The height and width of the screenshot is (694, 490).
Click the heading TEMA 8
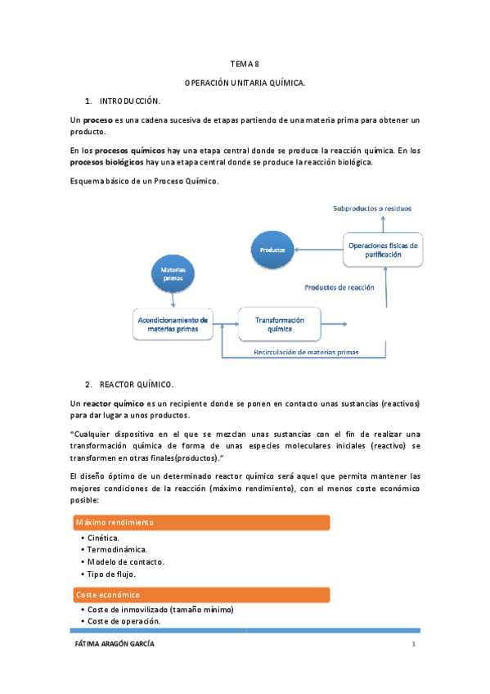click(244, 64)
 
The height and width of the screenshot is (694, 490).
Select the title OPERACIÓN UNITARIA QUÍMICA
click(245, 83)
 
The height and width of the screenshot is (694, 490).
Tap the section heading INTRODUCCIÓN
click(130, 101)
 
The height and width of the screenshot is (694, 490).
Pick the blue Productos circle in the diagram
click(272, 249)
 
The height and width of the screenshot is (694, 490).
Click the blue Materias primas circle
click(173, 274)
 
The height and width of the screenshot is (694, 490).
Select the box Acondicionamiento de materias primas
click(172, 323)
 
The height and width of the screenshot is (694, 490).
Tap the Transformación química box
click(279, 323)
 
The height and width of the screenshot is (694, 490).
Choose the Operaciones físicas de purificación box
click(383, 250)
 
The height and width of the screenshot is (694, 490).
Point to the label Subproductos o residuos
click(372, 209)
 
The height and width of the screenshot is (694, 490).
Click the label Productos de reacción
click(339, 287)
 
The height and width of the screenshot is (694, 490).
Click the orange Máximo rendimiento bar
click(200, 522)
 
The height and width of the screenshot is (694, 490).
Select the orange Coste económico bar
click(200, 595)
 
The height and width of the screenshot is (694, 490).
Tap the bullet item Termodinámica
click(119, 550)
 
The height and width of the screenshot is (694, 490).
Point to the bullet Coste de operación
click(124, 621)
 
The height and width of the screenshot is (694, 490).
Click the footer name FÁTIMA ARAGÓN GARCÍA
click(114, 645)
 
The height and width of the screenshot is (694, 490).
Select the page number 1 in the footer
click(414, 645)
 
